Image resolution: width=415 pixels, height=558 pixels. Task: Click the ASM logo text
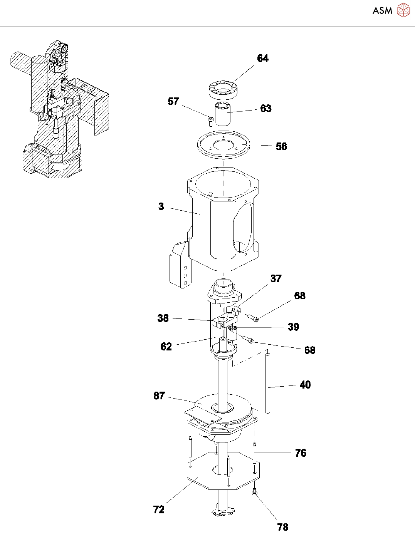coord(382,11)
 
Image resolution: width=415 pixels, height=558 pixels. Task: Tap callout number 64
coord(263,58)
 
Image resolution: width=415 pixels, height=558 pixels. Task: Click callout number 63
coord(266,109)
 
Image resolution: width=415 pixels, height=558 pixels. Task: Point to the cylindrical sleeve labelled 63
coord(222,114)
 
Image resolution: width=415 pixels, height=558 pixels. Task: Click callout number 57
coord(173,101)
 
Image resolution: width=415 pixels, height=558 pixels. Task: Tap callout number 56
coord(281,146)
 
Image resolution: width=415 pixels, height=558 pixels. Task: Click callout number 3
coord(161,206)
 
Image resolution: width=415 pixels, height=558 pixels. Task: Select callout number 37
coord(276,278)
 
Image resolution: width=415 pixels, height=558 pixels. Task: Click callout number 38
coord(163,318)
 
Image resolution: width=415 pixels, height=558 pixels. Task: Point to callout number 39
coord(294,327)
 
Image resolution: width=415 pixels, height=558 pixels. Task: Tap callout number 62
coord(166,347)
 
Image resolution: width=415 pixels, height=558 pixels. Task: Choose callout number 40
coord(305,385)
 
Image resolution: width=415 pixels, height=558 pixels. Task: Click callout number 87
coord(159,396)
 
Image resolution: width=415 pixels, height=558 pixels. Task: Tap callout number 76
coord(301,453)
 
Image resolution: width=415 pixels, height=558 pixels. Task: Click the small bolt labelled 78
coord(254,492)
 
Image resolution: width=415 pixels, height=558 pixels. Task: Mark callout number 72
coord(159,509)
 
